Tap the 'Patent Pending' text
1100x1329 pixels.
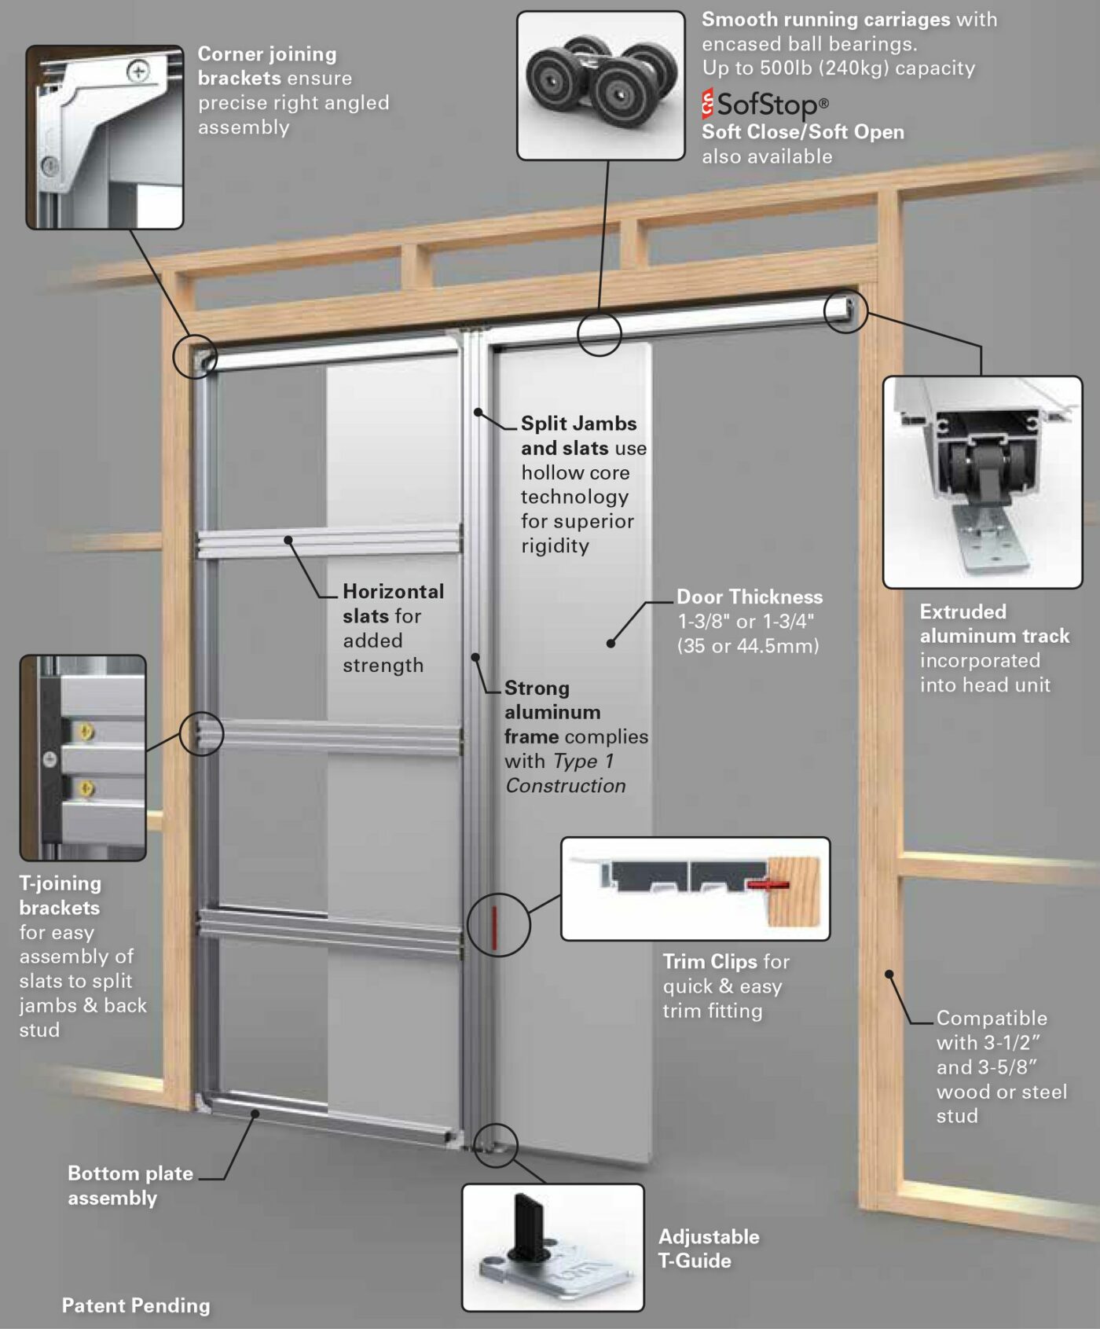point(136,1305)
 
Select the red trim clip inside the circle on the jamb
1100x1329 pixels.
point(495,926)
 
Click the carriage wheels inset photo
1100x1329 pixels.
point(600,86)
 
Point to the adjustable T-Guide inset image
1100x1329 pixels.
point(552,1247)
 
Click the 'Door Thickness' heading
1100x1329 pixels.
point(749,597)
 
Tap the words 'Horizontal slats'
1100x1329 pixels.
point(392,603)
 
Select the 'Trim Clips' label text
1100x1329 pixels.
point(709,961)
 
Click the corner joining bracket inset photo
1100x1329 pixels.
point(104,137)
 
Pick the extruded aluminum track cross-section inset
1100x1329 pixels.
point(982,482)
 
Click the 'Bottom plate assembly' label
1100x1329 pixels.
point(130,1185)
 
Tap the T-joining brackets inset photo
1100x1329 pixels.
point(82,757)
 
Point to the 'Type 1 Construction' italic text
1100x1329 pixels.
point(566,773)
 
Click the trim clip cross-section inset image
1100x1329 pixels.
point(695,888)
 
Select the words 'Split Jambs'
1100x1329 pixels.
point(578,424)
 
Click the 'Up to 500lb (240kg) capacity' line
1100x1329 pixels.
point(838,68)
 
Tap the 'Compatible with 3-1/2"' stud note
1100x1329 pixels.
point(991,1030)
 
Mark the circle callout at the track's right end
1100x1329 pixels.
point(845,311)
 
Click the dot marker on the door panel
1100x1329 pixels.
point(610,643)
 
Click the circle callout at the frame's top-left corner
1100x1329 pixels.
point(194,356)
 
